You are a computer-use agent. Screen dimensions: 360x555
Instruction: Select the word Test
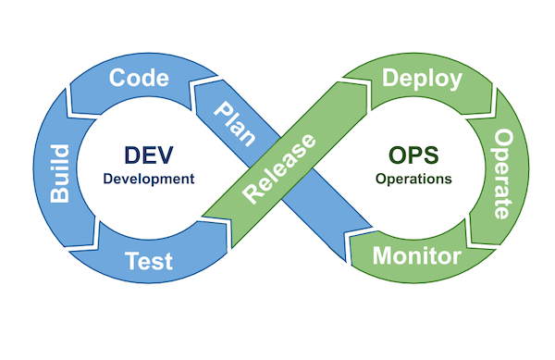[149, 261]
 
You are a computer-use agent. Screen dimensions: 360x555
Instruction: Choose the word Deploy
[422, 79]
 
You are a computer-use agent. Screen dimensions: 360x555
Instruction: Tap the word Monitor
[416, 255]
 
